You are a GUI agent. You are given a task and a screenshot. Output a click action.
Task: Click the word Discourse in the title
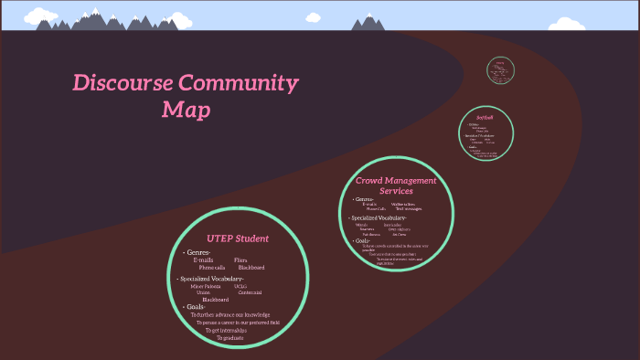click(x=121, y=84)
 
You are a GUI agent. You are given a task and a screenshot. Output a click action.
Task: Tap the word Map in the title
click(x=187, y=111)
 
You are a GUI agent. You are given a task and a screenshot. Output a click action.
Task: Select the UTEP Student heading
click(x=238, y=238)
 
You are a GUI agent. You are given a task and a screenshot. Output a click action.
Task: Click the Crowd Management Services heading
click(x=396, y=185)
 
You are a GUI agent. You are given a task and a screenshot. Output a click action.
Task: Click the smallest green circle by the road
click(x=499, y=69)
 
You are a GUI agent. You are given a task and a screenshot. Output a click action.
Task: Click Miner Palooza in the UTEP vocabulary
click(x=205, y=286)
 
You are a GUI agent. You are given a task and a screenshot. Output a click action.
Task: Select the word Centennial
click(x=249, y=292)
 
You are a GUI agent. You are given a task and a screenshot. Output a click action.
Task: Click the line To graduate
click(x=229, y=338)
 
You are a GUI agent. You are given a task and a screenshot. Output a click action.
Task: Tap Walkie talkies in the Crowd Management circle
click(x=404, y=204)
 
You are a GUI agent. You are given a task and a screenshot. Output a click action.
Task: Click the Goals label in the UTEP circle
click(x=194, y=307)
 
